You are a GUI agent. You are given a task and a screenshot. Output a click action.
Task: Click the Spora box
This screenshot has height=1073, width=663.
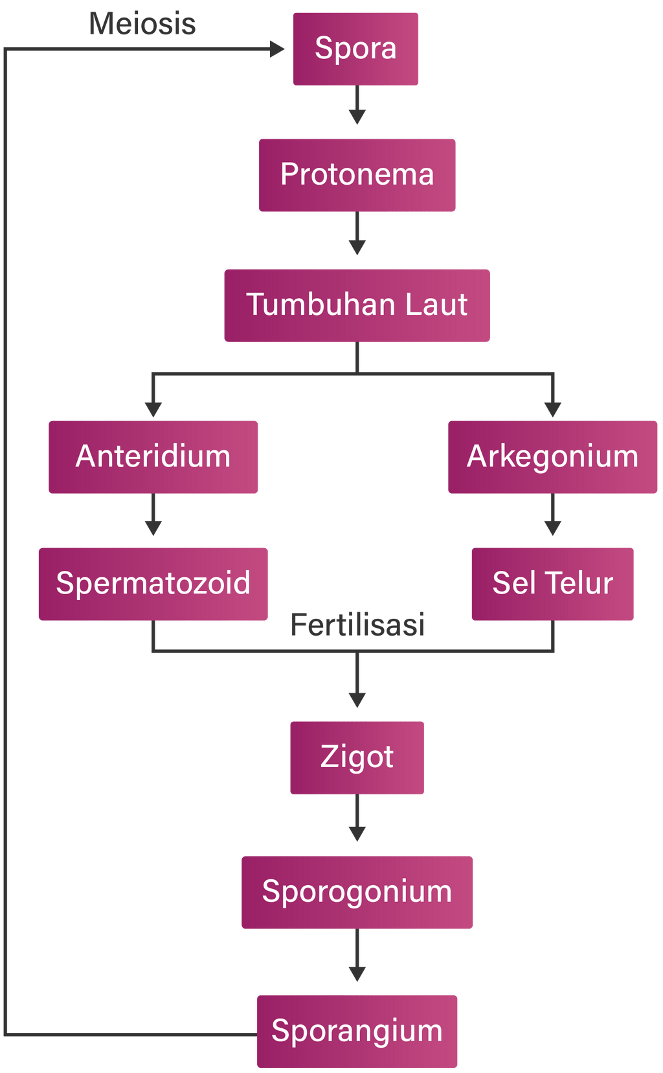355,49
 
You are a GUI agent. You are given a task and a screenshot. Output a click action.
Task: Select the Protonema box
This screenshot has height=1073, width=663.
357,175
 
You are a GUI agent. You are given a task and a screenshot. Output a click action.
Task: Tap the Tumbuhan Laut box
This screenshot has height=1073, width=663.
357,305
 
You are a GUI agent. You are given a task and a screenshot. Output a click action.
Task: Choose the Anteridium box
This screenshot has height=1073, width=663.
153,457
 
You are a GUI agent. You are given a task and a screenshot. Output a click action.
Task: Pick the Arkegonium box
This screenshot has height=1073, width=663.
552,457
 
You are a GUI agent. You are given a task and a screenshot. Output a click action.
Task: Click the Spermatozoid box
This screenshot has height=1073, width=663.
153,584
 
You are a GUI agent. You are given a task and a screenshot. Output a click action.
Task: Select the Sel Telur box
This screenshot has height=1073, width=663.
552,584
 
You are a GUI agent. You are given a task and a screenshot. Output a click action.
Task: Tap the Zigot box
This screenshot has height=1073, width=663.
357,757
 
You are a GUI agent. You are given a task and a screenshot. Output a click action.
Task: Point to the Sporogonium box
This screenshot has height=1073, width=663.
357,892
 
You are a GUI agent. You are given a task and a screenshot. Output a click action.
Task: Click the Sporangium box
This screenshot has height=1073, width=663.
357,1032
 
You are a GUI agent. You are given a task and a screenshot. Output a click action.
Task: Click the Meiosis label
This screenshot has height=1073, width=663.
142,24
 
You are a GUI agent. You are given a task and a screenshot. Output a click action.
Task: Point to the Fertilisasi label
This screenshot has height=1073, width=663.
357,625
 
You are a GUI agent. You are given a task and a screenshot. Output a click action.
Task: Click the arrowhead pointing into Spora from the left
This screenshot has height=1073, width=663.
277,49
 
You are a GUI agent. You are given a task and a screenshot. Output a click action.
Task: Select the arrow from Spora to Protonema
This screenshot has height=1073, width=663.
357,106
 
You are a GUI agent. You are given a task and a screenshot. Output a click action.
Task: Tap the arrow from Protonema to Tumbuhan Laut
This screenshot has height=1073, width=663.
357,235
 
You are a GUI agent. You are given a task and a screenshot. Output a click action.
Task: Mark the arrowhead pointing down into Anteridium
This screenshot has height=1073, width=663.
153,409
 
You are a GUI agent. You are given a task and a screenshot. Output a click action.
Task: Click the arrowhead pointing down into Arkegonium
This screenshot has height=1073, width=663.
552,409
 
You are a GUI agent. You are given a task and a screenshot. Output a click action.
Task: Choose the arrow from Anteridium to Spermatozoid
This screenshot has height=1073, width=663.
153,516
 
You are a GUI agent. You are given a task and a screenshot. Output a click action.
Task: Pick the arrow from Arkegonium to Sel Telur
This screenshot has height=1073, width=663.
552,516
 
